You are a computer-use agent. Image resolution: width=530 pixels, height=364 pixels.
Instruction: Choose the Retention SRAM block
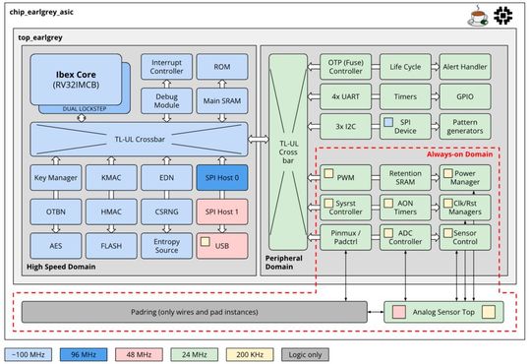(x=405, y=178)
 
